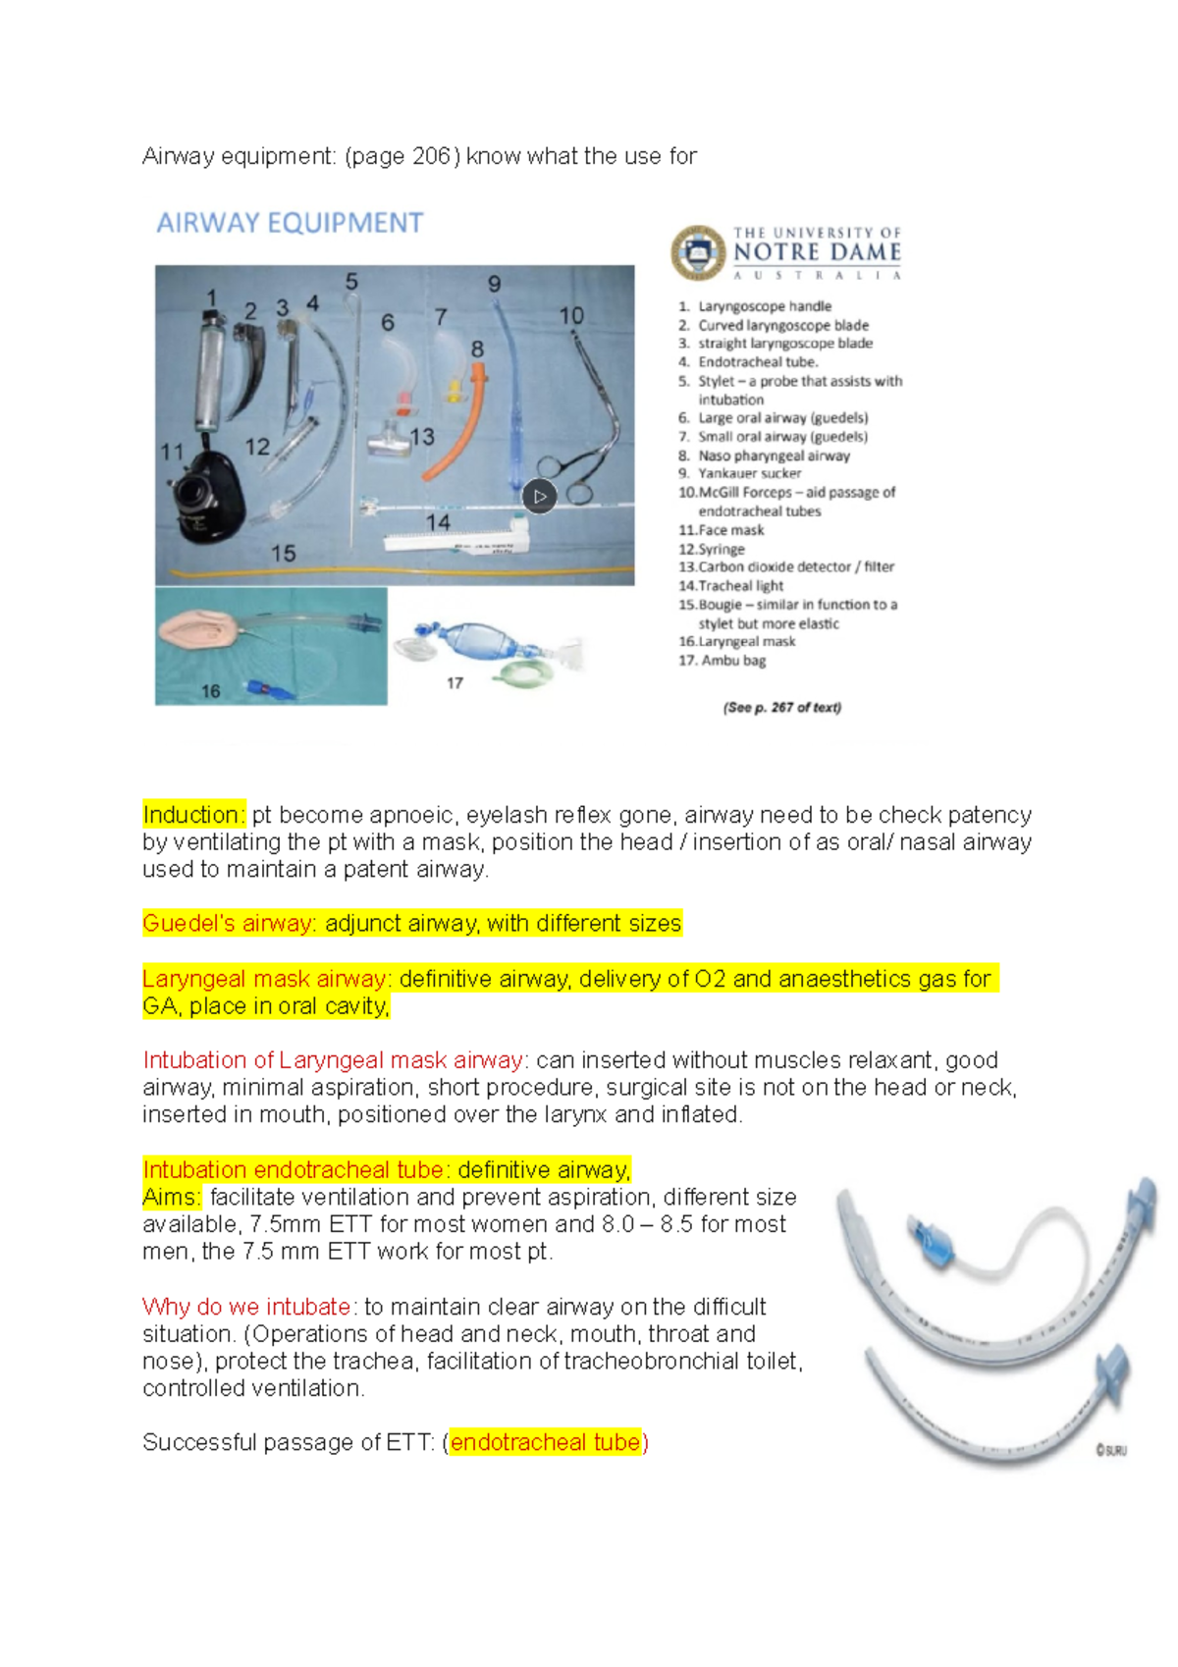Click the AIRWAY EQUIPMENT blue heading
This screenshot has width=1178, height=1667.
[290, 224]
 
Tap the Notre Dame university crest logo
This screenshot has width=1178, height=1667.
[698, 252]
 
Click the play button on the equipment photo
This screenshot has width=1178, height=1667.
[539, 497]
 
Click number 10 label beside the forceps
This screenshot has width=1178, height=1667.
[571, 316]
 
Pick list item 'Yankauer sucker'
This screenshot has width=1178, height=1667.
[749, 473]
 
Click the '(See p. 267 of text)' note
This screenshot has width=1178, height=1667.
[781, 707]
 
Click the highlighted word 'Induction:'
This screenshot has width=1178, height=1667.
[193, 815]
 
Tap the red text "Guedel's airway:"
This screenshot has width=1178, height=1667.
[229, 924]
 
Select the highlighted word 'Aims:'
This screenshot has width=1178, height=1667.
[171, 1198]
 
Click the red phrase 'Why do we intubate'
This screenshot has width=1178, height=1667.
[246, 1308]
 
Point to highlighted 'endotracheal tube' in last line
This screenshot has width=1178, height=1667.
[545, 1442]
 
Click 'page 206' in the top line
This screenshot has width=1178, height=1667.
[402, 156]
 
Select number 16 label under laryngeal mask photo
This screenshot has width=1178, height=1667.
[210, 691]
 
